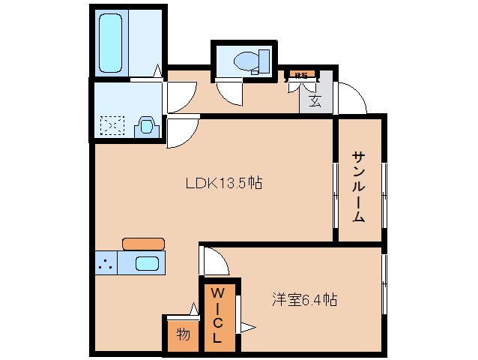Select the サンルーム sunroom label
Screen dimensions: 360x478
tap(359, 187)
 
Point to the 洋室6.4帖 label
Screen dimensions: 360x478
tap(303, 300)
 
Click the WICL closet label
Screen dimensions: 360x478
tap(217, 314)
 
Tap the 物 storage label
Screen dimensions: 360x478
tap(182, 334)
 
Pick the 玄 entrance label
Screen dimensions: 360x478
tap(315, 100)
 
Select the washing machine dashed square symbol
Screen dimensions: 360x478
tap(113, 125)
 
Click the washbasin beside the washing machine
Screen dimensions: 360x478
tap(146, 125)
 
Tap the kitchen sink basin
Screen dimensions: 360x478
tap(147, 264)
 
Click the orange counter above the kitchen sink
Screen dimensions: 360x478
tap(143, 243)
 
